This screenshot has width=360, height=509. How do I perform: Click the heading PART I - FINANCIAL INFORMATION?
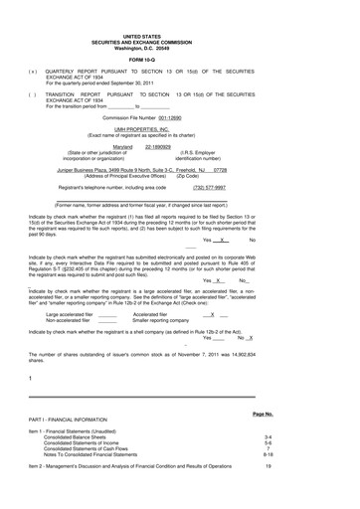tap(85, 420)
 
